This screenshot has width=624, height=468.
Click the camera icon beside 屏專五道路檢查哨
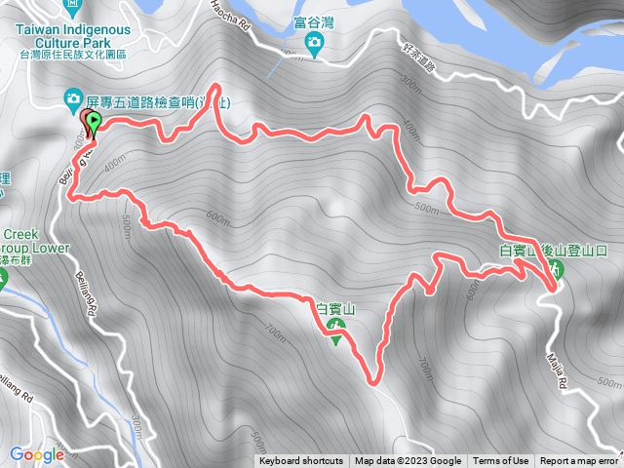click(72, 98)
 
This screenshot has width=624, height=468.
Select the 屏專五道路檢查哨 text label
click(147, 99)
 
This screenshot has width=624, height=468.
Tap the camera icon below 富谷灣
click(314, 43)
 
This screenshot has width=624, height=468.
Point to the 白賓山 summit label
click(337, 309)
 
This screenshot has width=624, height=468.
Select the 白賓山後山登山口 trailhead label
click(546, 250)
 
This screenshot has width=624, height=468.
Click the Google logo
click(36, 454)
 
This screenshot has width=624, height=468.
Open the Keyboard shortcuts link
click(301, 461)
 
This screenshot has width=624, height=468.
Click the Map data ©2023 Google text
click(408, 461)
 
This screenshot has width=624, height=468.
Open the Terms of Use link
click(501, 461)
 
